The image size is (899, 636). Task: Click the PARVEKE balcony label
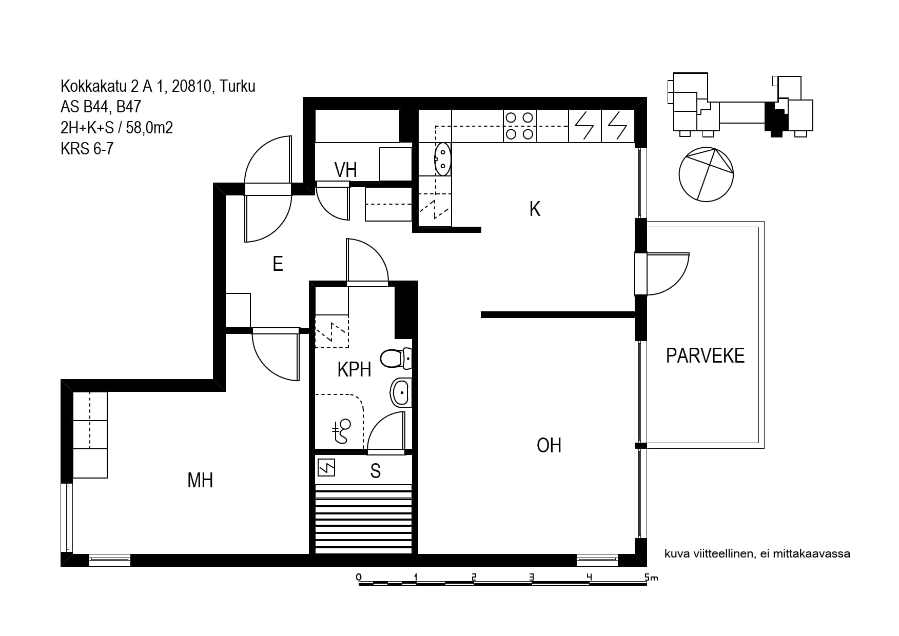(x=705, y=355)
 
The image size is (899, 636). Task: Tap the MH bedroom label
(x=200, y=481)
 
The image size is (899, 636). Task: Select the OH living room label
(x=549, y=445)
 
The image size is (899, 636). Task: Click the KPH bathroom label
(x=354, y=369)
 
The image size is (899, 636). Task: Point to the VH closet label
(x=345, y=170)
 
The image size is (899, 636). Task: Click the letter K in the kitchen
(x=535, y=209)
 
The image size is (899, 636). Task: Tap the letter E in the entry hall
(x=278, y=264)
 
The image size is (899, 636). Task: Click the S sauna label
(x=376, y=471)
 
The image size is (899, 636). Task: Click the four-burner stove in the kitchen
(x=519, y=126)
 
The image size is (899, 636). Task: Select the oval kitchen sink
(x=442, y=159)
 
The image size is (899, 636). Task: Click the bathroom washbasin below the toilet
(x=401, y=393)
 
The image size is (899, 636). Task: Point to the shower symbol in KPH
(x=341, y=431)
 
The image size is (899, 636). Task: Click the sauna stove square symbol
(x=326, y=467)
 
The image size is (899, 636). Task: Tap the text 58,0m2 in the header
(x=149, y=127)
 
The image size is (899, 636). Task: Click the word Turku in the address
(x=237, y=86)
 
